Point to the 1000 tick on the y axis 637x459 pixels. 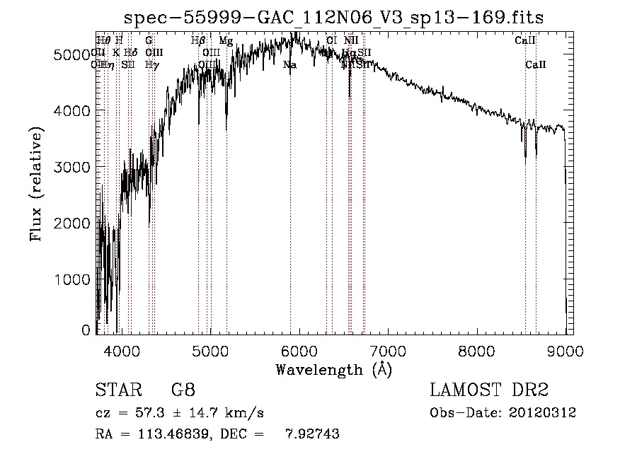click(x=74, y=279)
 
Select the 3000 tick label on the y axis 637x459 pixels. click(x=74, y=167)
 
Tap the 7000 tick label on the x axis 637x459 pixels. click(x=388, y=349)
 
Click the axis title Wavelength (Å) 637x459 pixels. click(x=334, y=369)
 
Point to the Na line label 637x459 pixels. click(x=289, y=65)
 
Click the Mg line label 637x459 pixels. click(x=226, y=41)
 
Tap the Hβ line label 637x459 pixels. click(x=198, y=41)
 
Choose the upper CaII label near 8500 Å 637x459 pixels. click(x=524, y=41)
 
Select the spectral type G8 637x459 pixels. click(x=183, y=390)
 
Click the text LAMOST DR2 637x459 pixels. click(x=489, y=390)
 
